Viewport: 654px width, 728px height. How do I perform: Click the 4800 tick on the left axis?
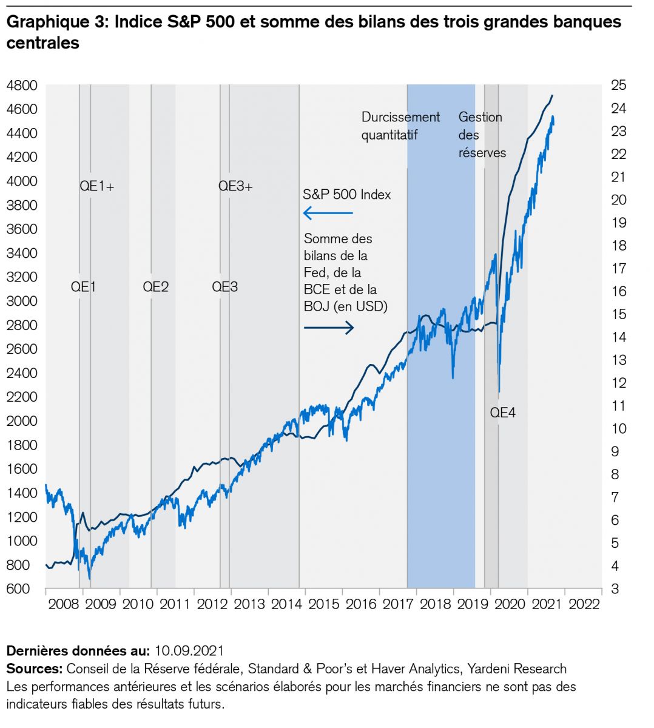tap(22, 86)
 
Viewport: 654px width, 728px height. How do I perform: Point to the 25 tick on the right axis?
tap(619, 86)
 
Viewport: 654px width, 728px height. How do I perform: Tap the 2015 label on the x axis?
tap(324, 604)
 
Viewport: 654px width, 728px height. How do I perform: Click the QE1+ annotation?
tap(97, 187)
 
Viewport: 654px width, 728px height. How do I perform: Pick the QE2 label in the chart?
tap(156, 287)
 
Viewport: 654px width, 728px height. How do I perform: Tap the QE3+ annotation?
tap(235, 187)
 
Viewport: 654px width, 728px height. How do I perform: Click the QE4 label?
tap(503, 413)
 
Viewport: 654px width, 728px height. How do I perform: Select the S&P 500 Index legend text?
tap(347, 195)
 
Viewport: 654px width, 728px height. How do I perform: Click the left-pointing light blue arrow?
tap(328, 213)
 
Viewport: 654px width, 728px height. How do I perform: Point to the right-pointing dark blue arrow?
tap(328, 328)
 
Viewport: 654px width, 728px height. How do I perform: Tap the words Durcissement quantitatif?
tap(400, 126)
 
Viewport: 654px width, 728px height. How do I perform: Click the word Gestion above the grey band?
tap(480, 117)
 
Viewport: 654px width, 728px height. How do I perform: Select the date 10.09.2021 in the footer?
tap(189, 652)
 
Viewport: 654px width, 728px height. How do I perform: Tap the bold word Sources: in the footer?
tap(35, 669)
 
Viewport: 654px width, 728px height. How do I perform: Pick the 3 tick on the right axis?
tap(615, 589)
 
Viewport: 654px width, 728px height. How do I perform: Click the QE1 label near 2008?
tap(84, 287)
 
